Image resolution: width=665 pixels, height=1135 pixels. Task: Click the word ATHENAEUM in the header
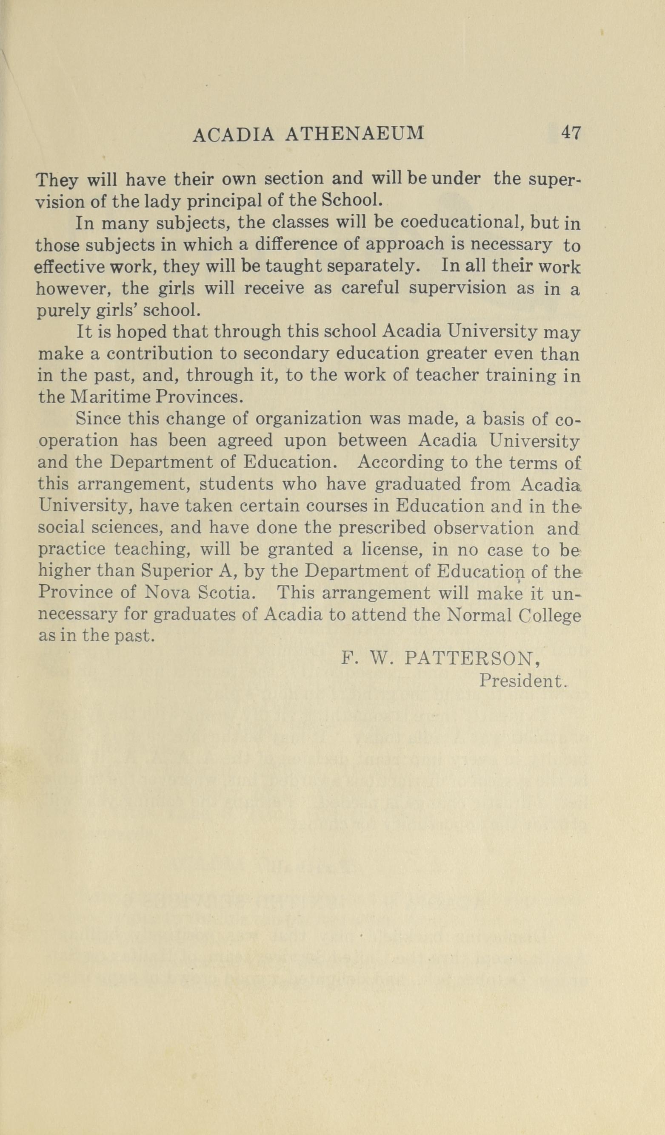[x=355, y=134]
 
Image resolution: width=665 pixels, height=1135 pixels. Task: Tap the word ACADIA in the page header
[x=233, y=134]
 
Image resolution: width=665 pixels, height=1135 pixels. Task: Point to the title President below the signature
[x=521, y=680]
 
